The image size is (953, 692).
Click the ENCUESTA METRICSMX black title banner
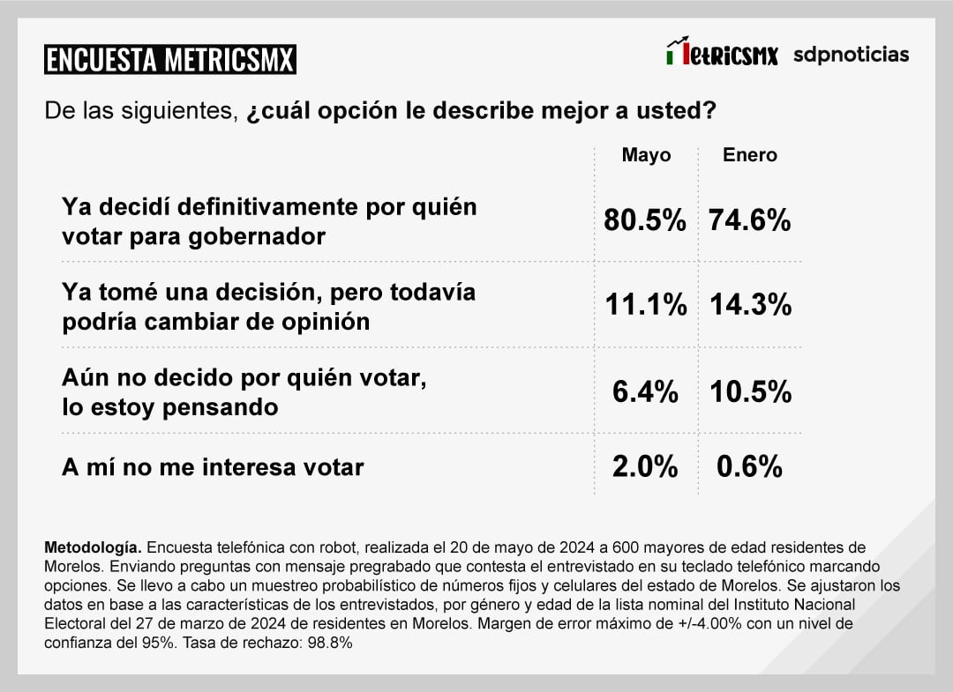click(x=170, y=60)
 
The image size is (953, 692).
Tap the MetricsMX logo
click(x=722, y=54)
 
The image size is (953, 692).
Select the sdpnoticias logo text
click(x=851, y=55)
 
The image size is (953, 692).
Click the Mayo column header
click(x=646, y=155)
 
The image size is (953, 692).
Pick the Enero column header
click(x=750, y=155)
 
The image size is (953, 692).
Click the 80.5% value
click(x=644, y=220)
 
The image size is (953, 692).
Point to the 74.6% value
click(x=749, y=220)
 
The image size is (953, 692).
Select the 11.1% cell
click(x=645, y=305)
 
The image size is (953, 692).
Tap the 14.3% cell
click(x=750, y=305)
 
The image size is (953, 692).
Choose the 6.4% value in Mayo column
click(x=645, y=391)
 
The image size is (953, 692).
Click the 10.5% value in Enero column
click(x=750, y=391)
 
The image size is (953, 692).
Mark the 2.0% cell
click(x=645, y=466)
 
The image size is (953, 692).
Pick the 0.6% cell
click(x=749, y=466)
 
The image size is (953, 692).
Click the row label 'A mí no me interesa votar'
click(x=213, y=467)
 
